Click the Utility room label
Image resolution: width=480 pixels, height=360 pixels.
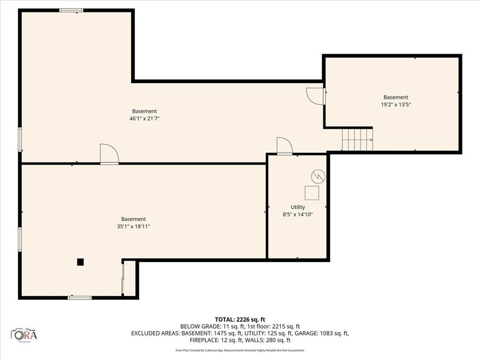298,207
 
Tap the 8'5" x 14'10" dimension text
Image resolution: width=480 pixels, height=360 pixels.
298,215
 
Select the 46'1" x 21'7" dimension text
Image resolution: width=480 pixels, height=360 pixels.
144,119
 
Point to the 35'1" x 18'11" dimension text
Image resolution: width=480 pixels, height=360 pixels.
134,226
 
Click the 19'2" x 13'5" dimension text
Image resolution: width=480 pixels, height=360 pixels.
396,105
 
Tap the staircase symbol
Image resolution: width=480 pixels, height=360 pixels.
357,140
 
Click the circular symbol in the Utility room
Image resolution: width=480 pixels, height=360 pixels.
317,176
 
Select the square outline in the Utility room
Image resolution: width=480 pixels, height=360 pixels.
312,193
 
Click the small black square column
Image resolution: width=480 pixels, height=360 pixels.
80,262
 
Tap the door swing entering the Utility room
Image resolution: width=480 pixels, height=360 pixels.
284,146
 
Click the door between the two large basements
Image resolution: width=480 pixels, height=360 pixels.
109,154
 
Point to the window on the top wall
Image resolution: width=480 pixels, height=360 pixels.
71,10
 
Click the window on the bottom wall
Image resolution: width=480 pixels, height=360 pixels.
80,297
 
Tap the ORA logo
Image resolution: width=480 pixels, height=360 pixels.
24,334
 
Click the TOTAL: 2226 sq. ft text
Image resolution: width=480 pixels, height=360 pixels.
240,319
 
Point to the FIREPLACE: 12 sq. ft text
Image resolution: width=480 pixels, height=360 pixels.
212,340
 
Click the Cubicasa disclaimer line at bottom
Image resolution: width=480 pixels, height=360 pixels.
240,350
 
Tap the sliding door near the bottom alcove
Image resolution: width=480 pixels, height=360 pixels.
123,278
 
